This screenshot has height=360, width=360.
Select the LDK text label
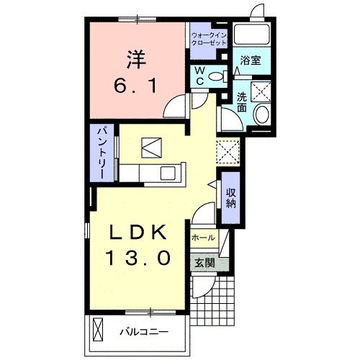click(x=138, y=233)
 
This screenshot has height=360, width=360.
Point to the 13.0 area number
click(x=138, y=257)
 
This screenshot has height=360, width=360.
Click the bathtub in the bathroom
click(x=252, y=35)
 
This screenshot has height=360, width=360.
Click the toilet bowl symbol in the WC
click(x=225, y=75)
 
